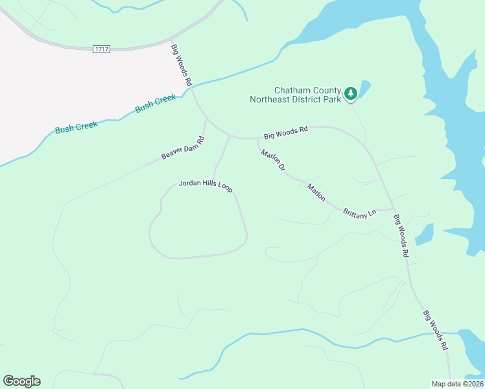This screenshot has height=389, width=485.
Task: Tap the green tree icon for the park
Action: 351,94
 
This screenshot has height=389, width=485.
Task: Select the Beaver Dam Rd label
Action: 183,148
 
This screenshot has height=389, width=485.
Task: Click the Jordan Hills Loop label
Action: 205,185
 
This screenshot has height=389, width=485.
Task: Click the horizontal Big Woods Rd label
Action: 285,132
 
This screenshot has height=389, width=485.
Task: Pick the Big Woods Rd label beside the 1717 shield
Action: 182,65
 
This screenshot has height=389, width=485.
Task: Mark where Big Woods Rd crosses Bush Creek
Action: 193,86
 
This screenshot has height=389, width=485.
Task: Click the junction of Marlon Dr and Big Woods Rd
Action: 257,138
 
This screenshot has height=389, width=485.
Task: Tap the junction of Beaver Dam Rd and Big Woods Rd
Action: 206,120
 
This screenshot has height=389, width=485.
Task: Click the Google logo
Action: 21,381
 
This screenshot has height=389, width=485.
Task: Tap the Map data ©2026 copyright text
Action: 457,384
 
